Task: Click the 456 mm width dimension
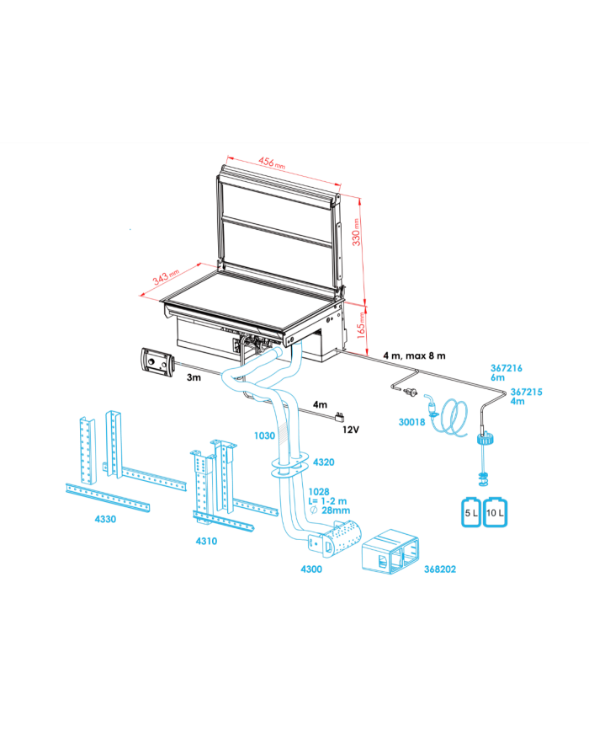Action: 272,163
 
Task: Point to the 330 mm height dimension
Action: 356,232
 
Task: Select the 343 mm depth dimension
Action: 166,277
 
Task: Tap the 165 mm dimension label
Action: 361,325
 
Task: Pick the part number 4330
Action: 105,519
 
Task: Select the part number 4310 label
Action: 206,541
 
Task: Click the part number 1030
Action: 264,435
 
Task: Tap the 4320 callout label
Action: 324,462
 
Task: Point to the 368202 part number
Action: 440,569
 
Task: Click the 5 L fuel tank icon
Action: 471,512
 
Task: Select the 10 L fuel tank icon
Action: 495,512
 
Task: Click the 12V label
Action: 351,430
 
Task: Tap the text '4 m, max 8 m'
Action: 414,355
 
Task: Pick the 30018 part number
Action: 411,422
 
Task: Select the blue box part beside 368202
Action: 390,552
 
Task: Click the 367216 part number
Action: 507,368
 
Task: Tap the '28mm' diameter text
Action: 336,510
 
